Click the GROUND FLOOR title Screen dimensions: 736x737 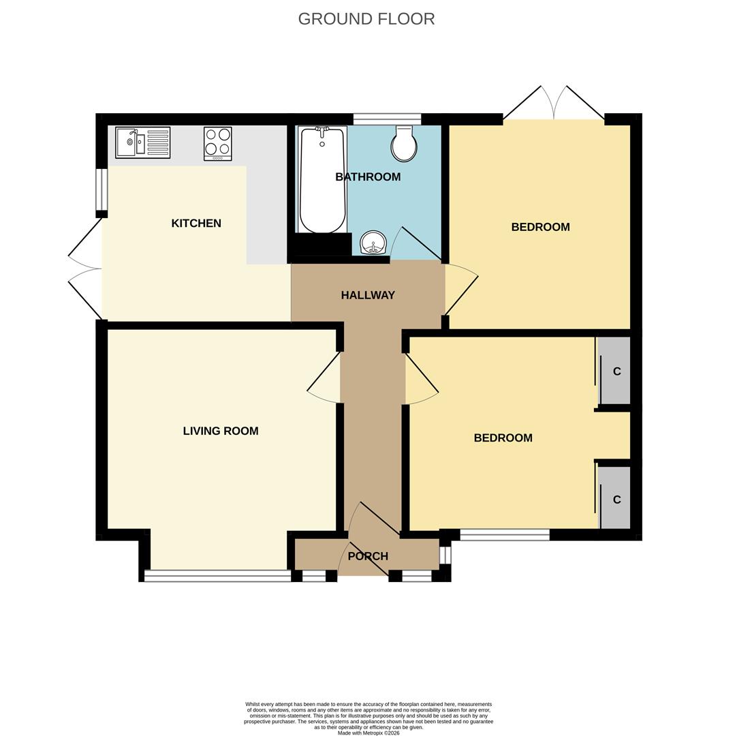coord(366,19)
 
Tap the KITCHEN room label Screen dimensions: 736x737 coord(196,224)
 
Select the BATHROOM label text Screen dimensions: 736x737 coord(368,177)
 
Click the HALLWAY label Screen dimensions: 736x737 coord(368,295)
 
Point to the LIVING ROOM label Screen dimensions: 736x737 coord(221,431)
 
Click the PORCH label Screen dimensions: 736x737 coord(368,556)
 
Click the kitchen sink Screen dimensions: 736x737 coord(142,142)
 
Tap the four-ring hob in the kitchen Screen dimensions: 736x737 coord(218,143)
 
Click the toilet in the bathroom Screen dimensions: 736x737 coord(404,144)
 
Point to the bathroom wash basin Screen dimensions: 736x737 coord(373,243)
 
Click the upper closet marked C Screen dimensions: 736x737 coord(615,371)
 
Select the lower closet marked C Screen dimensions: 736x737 coord(615,500)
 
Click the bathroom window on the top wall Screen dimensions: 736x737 coord(387,119)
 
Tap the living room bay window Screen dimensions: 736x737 coord(217,576)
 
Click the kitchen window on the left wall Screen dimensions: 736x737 coord(101,189)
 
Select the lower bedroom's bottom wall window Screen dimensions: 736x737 coord(505,535)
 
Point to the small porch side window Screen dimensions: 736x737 coord(445,555)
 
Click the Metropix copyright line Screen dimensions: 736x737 coord(368,733)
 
